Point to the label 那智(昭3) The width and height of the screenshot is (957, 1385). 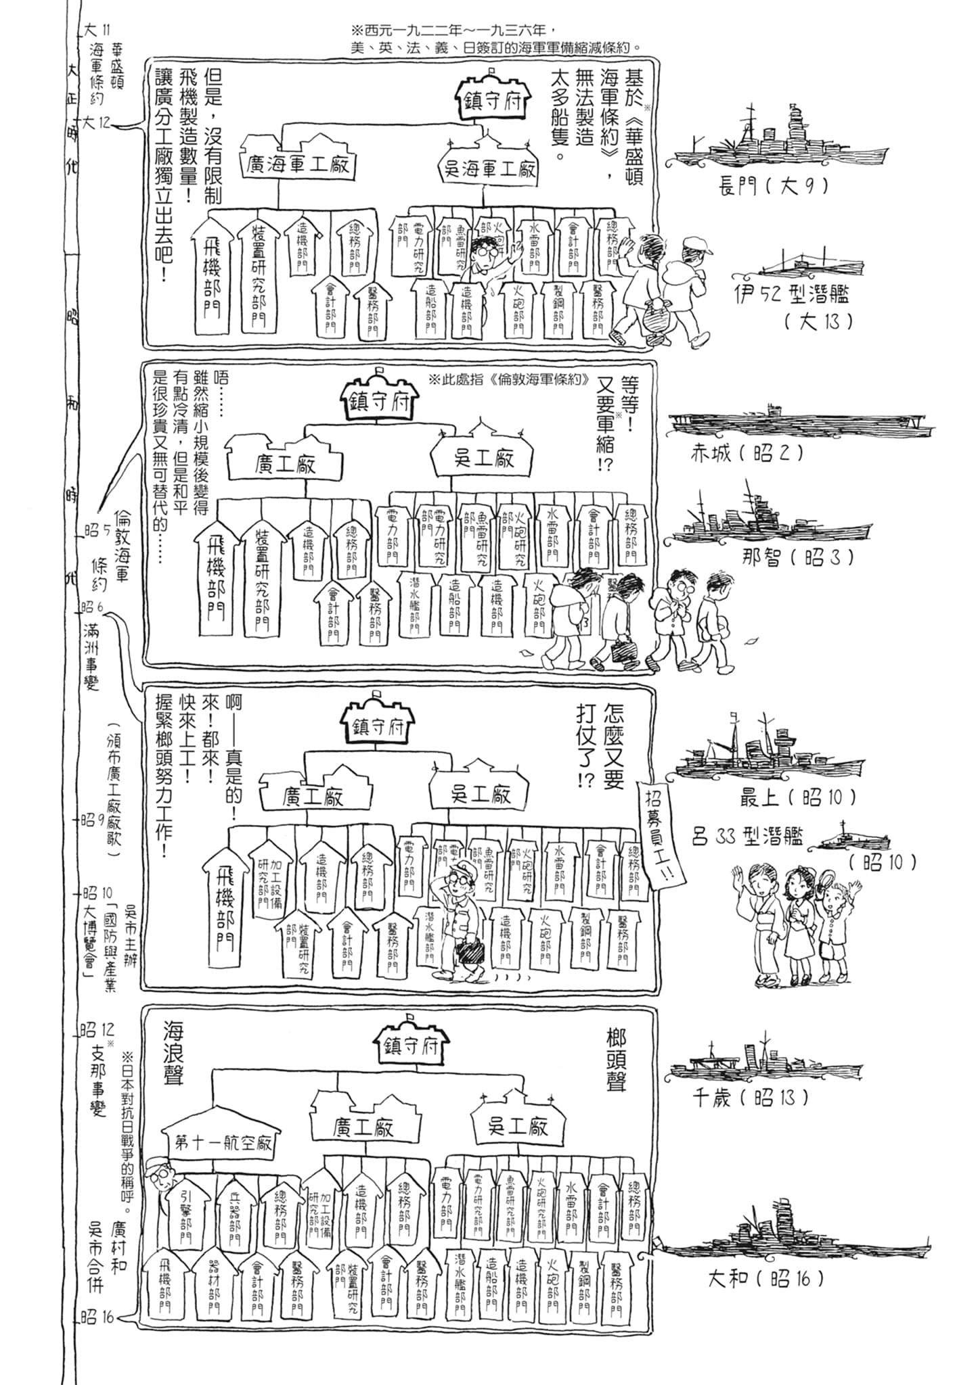pos(797,558)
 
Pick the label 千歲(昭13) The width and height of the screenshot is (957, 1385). pos(749,1098)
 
